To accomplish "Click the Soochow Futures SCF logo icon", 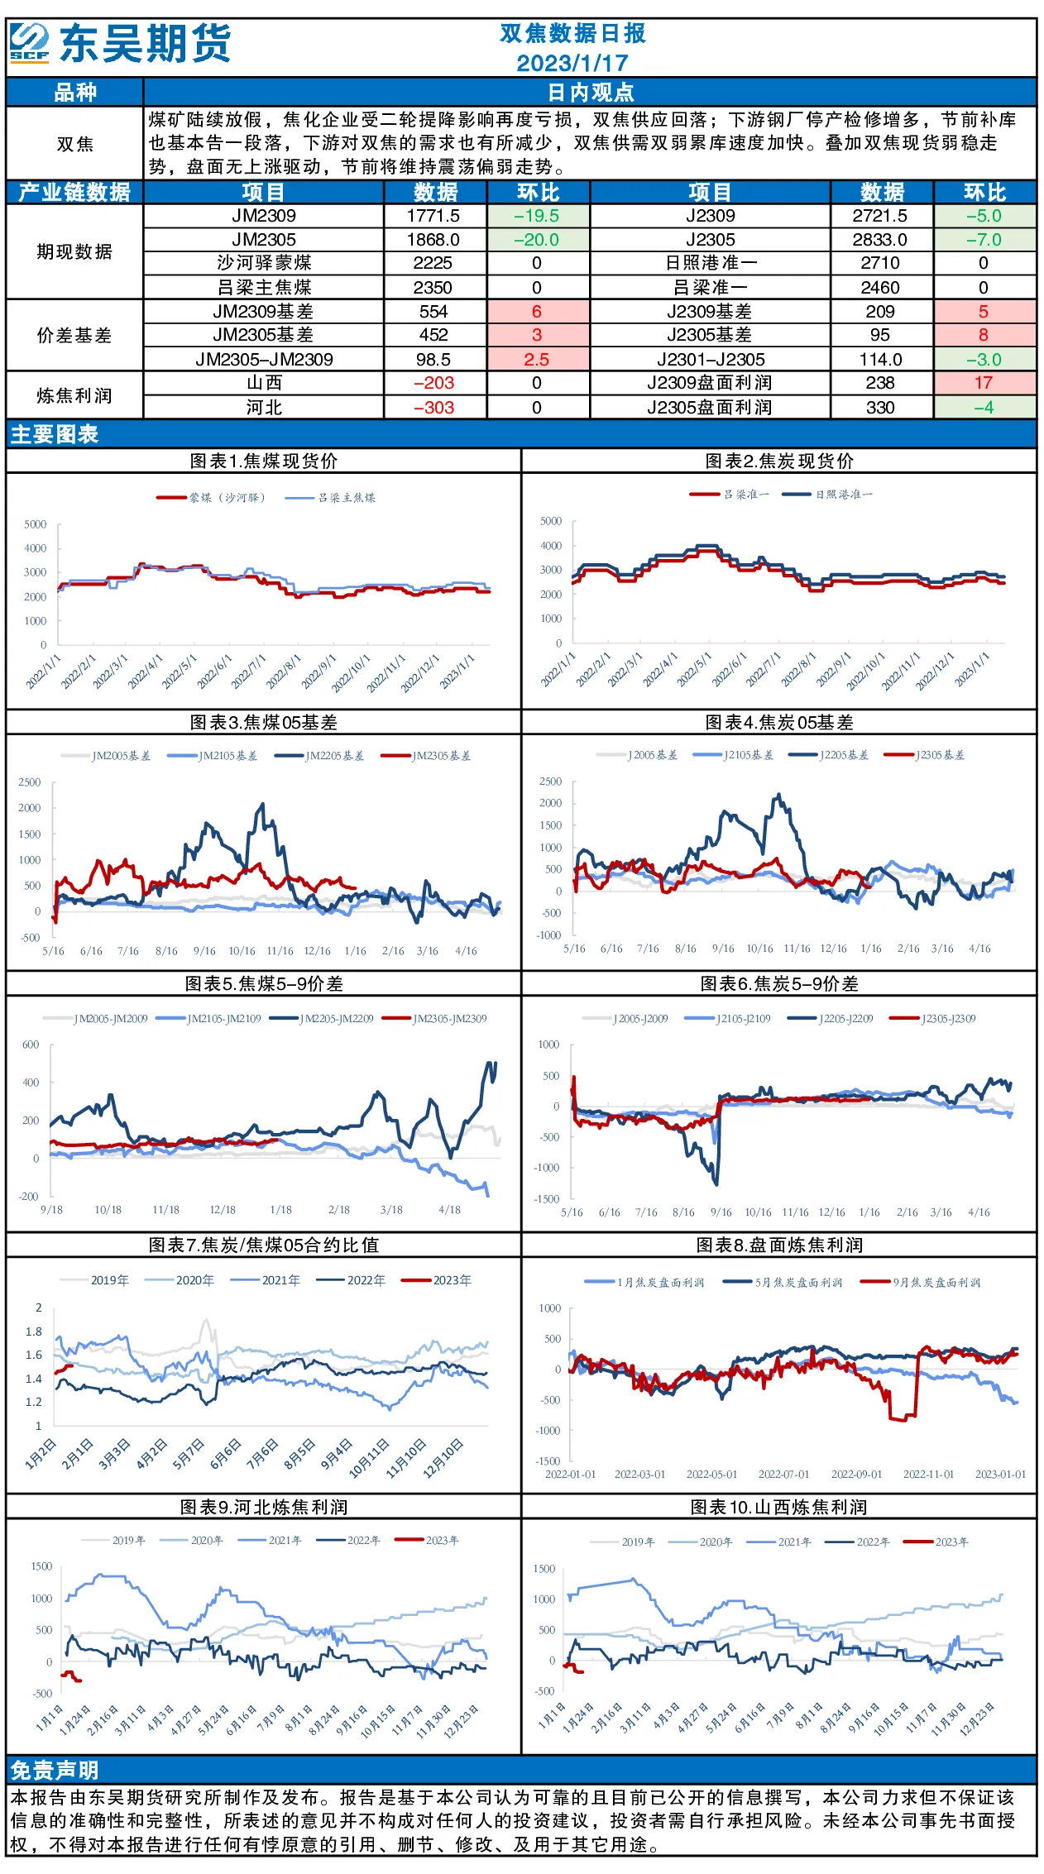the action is tap(30, 43).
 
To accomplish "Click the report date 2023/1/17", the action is tap(572, 63).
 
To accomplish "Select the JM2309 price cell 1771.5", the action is tap(433, 216).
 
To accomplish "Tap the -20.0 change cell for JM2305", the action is tap(537, 240).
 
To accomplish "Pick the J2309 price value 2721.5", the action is tap(880, 216).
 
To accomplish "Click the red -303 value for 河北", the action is tap(434, 408).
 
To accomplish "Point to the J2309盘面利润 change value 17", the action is tap(984, 383).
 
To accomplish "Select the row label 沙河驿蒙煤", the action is tap(264, 263).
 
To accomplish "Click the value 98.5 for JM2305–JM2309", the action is tap(433, 360).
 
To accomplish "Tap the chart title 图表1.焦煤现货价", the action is tap(264, 461).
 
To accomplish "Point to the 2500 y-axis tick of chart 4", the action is tap(550, 782).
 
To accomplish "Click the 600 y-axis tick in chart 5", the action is tap(31, 1045).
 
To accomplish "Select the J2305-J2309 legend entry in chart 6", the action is tap(933, 1019).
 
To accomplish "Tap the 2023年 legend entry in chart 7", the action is tap(437, 1280).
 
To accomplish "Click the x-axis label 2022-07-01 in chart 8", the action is tap(783, 1475).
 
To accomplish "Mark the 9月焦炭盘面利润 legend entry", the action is tap(921, 1283).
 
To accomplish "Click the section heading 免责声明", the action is tap(55, 1770).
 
